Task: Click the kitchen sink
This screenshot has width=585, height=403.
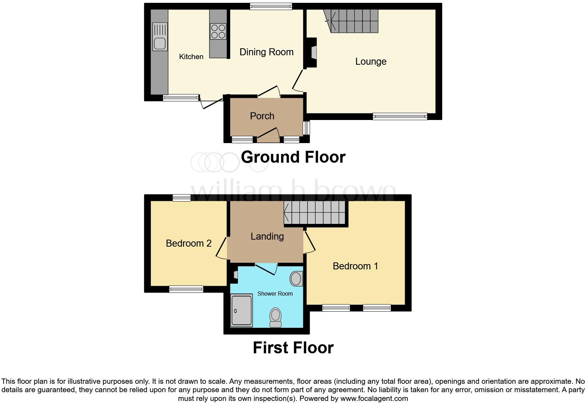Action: (x=160, y=36)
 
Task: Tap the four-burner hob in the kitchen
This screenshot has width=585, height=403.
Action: (x=218, y=31)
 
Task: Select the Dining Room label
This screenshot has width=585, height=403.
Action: (x=266, y=52)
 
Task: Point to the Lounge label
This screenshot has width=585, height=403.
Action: (x=371, y=62)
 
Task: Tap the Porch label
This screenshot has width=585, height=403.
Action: (x=262, y=116)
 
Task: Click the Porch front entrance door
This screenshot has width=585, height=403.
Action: (x=268, y=135)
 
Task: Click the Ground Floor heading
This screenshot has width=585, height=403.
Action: (x=293, y=157)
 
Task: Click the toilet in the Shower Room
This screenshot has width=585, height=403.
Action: (x=276, y=317)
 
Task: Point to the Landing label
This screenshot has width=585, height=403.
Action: (x=267, y=236)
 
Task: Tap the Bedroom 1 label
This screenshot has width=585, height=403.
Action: (x=355, y=266)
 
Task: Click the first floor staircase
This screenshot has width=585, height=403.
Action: (x=315, y=213)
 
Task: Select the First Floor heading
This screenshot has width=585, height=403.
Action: (x=293, y=348)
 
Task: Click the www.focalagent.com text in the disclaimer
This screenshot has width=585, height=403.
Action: (x=374, y=398)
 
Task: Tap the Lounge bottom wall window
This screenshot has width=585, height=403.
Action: (x=400, y=116)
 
